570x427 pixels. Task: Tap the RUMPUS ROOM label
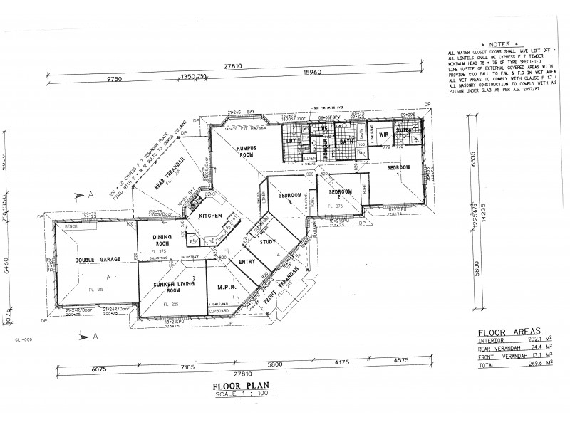[x=247, y=152]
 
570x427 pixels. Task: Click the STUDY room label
[x=267, y=242]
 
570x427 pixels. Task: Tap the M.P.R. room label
[x=224, y=288]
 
